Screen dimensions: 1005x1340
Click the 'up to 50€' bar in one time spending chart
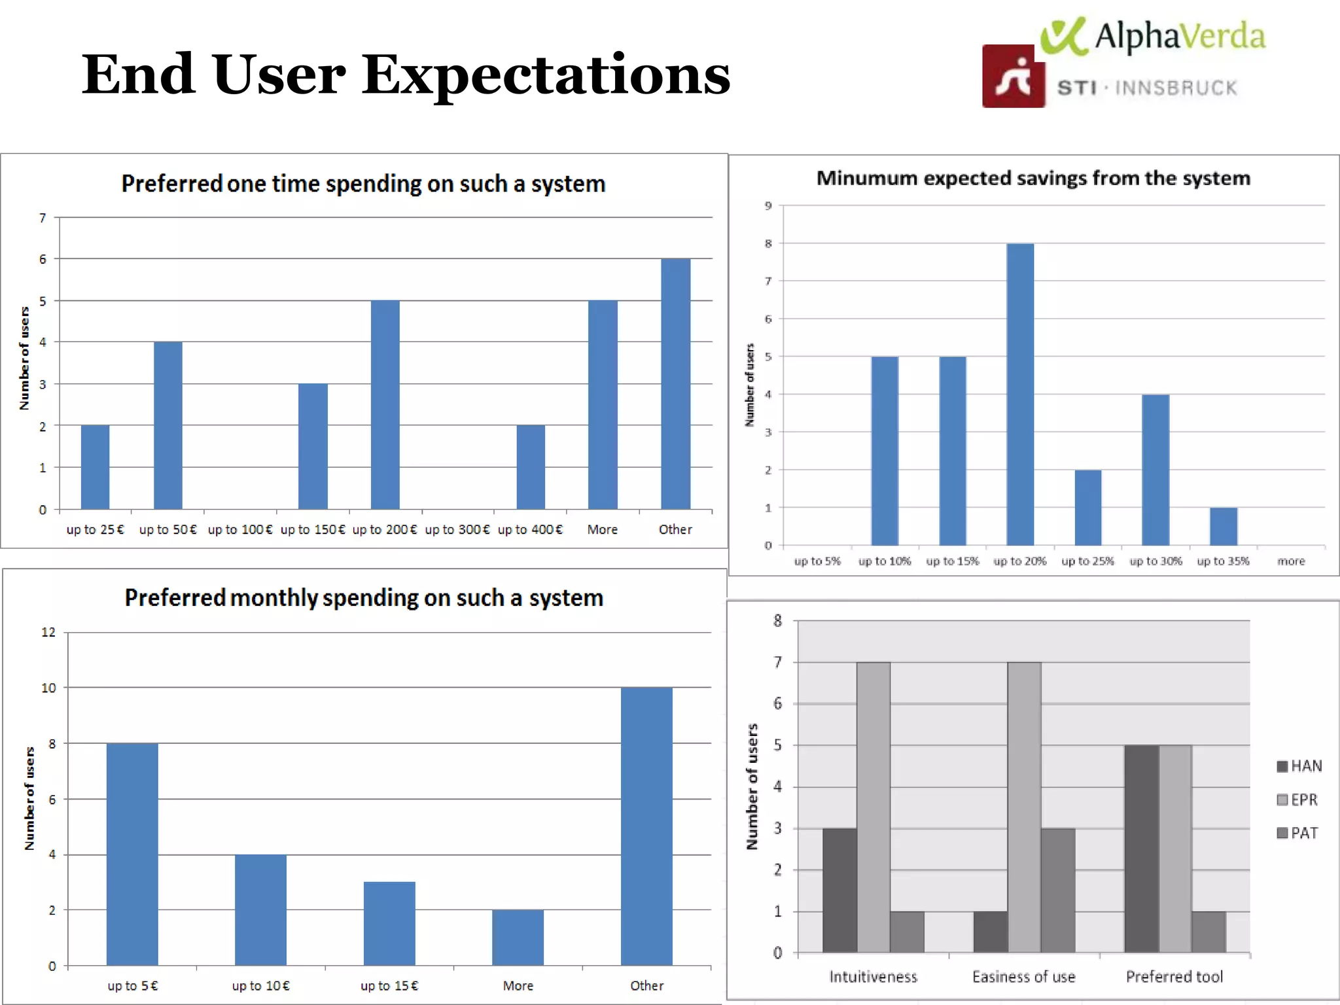coord(168,425)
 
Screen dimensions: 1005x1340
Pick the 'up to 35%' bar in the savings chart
coord(1223,526)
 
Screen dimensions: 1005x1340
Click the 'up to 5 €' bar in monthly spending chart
coord(132,854)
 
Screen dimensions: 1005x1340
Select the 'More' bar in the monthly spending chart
coord(518,937)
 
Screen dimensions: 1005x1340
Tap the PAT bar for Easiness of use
coord(1057,890)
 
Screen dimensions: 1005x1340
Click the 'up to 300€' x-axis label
coord(457,529)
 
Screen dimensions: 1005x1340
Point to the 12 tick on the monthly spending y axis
coord(48,632)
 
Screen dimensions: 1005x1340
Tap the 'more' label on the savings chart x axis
coord(1290,561)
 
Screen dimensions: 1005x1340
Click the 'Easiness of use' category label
coord(1023,977)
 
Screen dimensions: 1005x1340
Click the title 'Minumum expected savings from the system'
coord(1033,178)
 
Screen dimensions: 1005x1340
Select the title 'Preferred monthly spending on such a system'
coord(364,598)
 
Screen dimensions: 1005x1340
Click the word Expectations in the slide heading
coord(546,75)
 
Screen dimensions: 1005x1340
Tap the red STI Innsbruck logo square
coord(1013,77)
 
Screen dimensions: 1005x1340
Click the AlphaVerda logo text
coord(1179,36)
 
